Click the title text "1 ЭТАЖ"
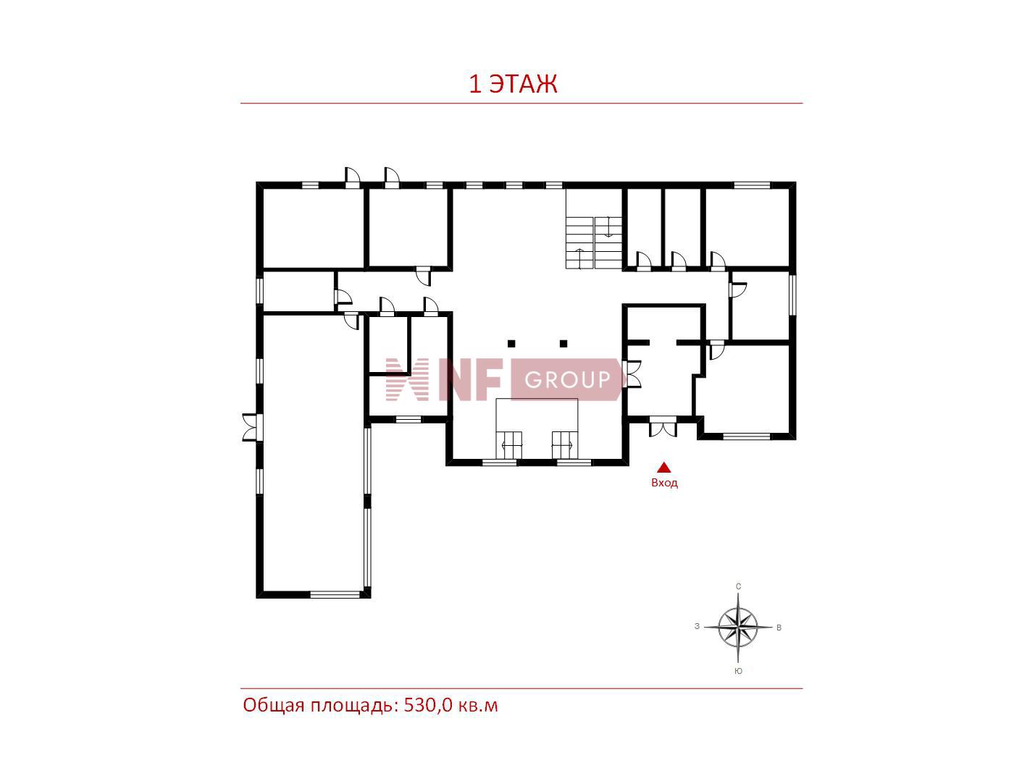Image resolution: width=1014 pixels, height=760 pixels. (513, 84)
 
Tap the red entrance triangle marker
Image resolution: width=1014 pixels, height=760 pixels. (664, 468)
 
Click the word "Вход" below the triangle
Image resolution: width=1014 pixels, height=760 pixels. (664, 483)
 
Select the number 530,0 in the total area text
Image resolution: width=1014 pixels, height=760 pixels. (428, 706)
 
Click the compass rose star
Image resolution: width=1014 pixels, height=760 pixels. (738, 627)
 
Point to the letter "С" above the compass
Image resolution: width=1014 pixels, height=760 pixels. (738, 586)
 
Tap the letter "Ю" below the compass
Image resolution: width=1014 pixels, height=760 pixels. (738, 671)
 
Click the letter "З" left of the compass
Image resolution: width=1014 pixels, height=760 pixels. (697, 626)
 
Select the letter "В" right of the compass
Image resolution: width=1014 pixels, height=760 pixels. (779, 628)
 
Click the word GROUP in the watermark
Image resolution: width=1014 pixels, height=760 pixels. (567, 379)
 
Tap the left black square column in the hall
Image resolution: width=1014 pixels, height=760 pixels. (511, 343)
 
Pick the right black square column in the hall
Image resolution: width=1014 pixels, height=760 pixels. (563, 343)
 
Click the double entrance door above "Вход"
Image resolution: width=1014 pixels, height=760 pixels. (663, 426)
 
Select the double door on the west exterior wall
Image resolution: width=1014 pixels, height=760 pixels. (252, 427)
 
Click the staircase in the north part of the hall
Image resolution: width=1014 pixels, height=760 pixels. (594, 229)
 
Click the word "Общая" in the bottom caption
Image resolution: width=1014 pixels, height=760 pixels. (274, 706)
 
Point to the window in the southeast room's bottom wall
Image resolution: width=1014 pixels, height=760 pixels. (746, 436)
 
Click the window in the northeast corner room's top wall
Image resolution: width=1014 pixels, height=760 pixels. (752, 185)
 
